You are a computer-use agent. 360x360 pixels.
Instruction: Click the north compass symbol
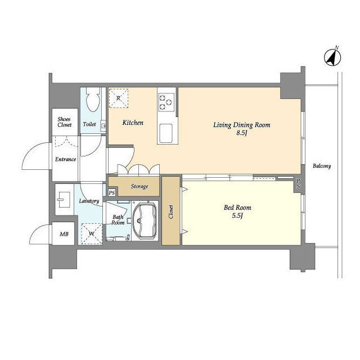click(x=332, y=57)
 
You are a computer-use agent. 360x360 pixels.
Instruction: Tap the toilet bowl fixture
click(x=93, y=100)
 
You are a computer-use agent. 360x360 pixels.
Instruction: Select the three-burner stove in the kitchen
click(x=166, y=102)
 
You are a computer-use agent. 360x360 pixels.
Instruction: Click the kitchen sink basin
click(x=166, y=133)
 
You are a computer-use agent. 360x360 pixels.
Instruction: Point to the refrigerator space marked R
click(x=118, y=98)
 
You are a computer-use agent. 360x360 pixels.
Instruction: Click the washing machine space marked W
click(x=92, y=234)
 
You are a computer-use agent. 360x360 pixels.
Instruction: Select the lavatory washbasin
click(x=62, y=200)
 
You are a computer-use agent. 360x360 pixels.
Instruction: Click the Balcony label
click(x=322, y=166)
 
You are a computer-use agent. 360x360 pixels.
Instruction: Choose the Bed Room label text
click(x=237, y=208)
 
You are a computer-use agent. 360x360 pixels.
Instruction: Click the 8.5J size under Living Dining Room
click(x=241, y=133)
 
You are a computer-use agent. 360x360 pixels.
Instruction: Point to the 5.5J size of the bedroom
click(x=237, y=215)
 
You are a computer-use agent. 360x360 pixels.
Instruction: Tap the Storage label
click(x=139, y=186)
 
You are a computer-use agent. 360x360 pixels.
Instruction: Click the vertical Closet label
click(x=171, y=211)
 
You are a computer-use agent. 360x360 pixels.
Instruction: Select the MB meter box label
click(x=64, y=234)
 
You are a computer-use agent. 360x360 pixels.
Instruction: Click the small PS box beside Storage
click(x=112, y=192)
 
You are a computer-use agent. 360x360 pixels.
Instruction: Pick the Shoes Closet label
click(x=65, y=122)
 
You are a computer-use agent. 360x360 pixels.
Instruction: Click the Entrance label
click(x=65, y=159)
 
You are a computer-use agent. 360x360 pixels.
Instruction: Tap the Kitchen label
click(x=133, y=123)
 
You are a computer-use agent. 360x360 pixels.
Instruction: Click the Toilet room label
click(x=89, y=124)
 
